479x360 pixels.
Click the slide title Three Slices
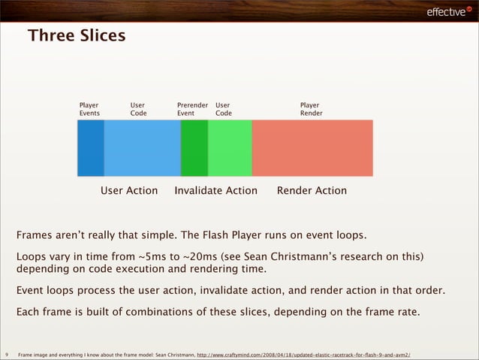point(77,35)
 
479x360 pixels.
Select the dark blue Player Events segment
point(91,148)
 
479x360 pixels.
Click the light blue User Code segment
point(142,148)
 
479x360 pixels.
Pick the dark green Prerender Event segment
point(194,148)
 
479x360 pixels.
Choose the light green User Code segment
point(229,148)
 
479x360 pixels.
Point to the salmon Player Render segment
point(312,148)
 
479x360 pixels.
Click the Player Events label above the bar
point(89,110)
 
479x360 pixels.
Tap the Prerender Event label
point(192,110)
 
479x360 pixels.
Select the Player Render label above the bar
point(311,110)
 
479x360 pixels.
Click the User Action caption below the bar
point(129,191)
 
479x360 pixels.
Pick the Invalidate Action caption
point(215,191)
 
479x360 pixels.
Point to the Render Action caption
point(312,191)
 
